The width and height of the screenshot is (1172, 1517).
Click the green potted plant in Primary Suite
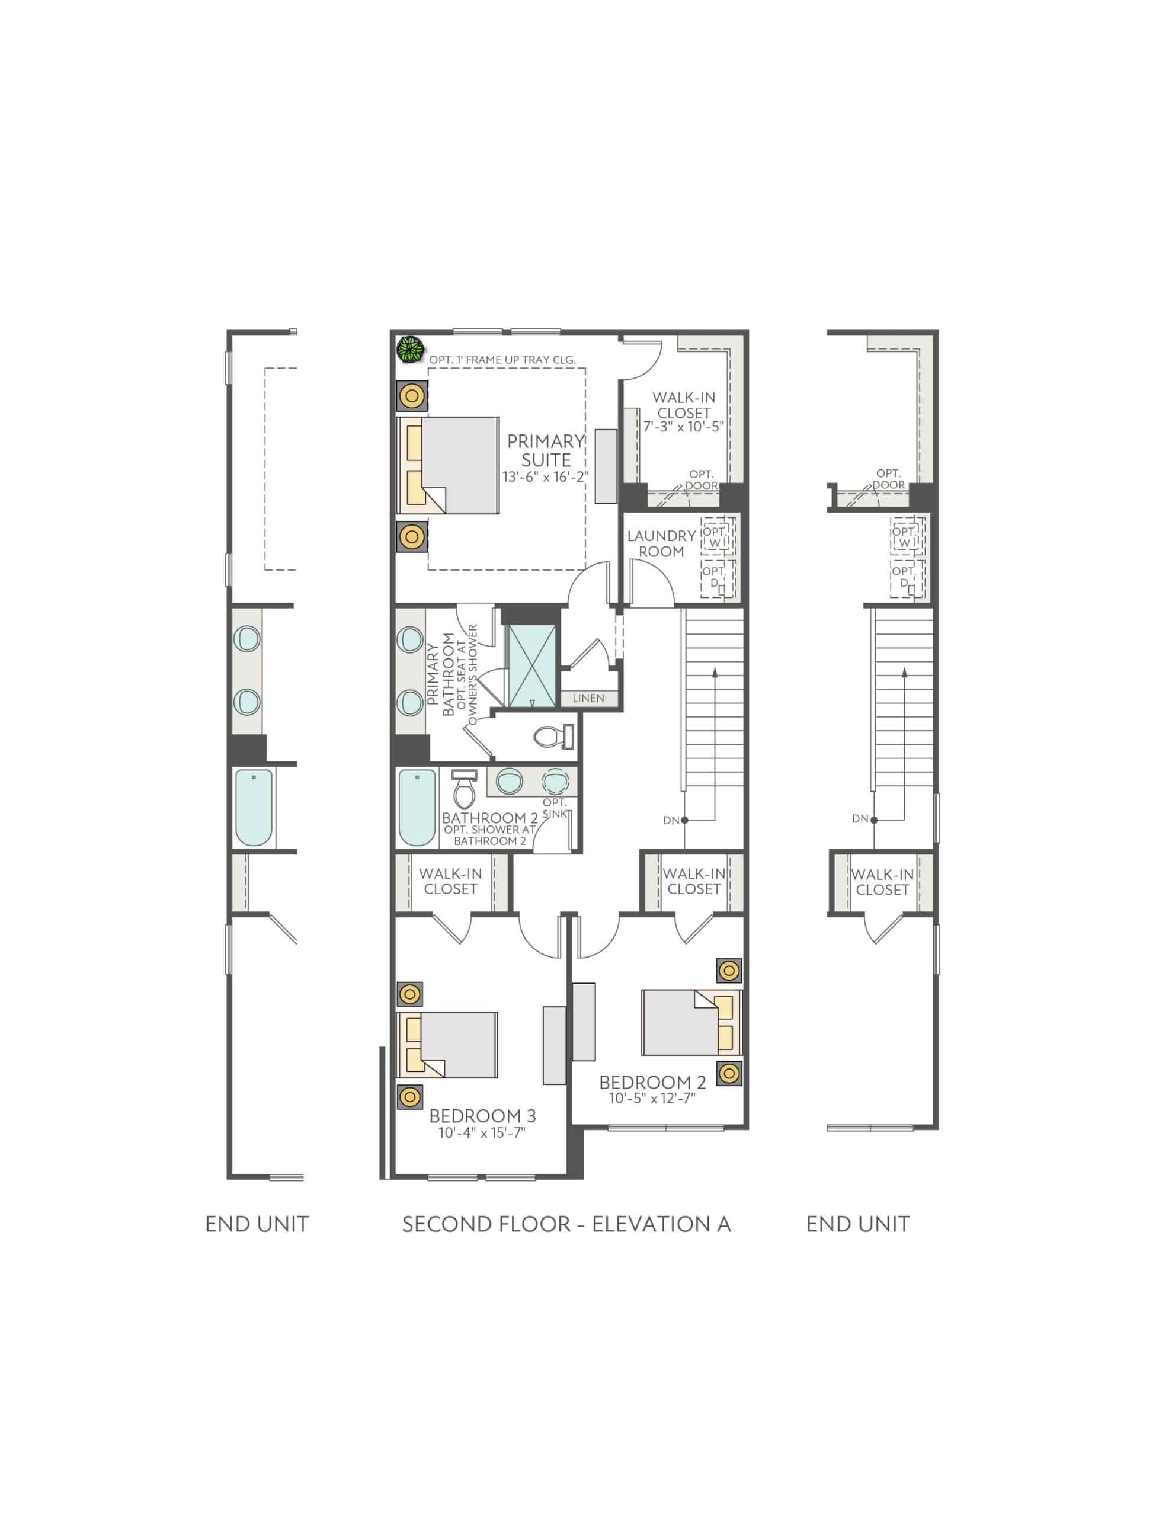(410, 350)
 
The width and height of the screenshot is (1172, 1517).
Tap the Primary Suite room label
(546, 451)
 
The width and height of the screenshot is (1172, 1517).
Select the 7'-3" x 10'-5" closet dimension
(684, 427)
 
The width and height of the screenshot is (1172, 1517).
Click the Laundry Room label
(661, 543)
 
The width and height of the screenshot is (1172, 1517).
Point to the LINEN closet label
(588, 698)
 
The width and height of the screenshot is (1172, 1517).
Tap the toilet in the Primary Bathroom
(553, 737)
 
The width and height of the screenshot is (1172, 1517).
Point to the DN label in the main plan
(670, 820)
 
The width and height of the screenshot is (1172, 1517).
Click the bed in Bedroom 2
(690, 1022)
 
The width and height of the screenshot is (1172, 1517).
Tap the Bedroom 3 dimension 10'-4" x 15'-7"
(482, 1133)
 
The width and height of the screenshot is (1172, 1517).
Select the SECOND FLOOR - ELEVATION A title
(566, 1224)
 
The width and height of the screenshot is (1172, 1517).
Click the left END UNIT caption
(257, 1224)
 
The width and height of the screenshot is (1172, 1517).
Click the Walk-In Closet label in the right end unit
(882, 882)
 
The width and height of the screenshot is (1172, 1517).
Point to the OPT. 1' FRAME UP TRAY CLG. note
(502, 360)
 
